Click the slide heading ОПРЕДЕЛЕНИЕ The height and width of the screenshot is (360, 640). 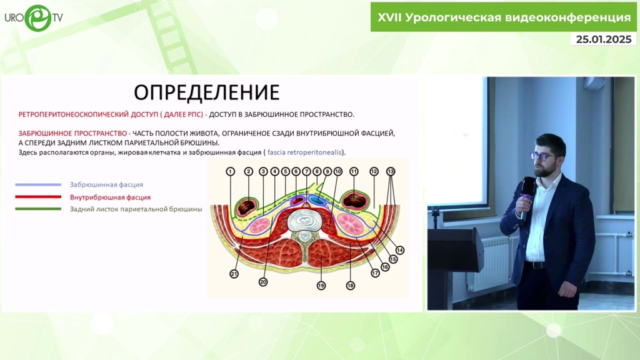point(206,92)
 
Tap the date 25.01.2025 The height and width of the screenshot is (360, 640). point(604,39)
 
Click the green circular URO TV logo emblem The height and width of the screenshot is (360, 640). point(38,18)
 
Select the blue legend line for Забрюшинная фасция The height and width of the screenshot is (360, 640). point(38,184)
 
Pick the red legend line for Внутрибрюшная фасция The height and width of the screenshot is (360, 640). point(38,197)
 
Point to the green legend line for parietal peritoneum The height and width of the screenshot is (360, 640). point(38,209)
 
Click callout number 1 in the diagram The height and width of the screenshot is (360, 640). point(230,171)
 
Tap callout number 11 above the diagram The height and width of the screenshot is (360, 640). point(354,171)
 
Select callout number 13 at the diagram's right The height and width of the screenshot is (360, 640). point(391,171)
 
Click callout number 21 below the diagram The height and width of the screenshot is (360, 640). point(234,274)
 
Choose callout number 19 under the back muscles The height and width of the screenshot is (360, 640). point(321,286)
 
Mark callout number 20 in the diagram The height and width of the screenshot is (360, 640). point(263,282)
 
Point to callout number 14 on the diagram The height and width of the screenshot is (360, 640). point(400,250)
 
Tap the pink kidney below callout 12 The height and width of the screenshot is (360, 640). point(350,223)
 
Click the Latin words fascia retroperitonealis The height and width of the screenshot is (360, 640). point(304,152)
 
